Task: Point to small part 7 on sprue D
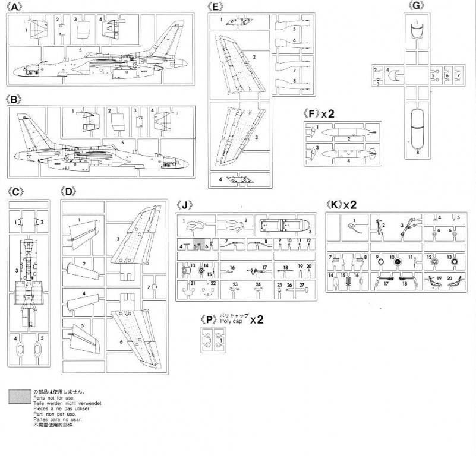[x=155, y=287]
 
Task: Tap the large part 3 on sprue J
[x=284, y=226]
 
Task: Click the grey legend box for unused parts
[x=20, y=397]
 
